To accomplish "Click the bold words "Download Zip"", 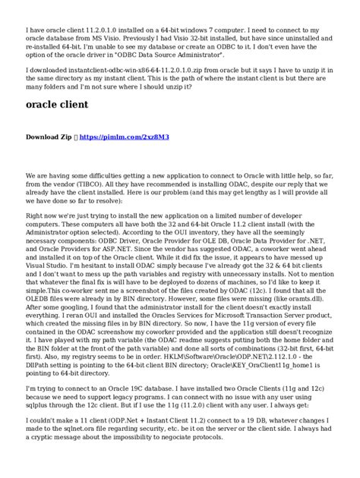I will (49, 138).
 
